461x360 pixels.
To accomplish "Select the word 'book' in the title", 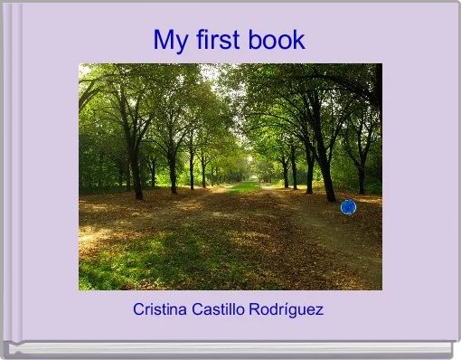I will coord(277,41).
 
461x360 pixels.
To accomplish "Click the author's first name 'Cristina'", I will coord(159,309).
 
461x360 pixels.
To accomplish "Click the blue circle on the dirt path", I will coord(348,207).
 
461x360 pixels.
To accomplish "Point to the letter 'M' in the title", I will coord(164,41).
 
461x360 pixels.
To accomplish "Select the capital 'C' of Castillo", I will coord(195,309).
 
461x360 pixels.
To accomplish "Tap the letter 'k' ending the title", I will coord(299,41).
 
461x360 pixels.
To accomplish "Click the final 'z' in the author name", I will coord(319,309).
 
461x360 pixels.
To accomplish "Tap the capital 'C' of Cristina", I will coord(138,309).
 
